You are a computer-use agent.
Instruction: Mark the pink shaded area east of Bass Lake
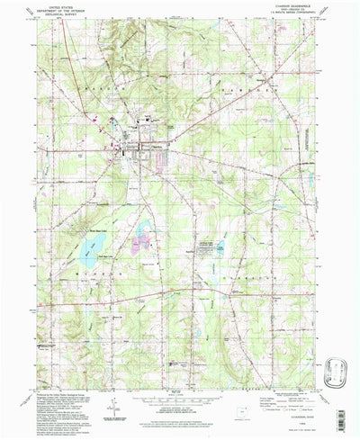(x=142, y=244)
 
